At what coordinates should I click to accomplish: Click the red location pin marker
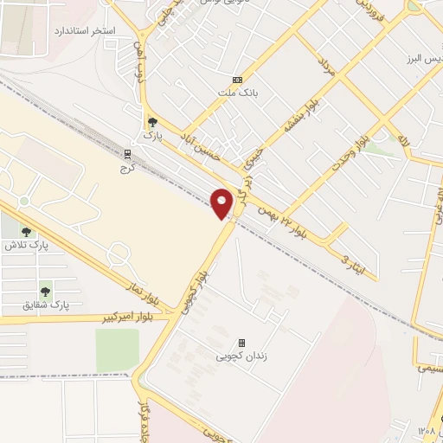point(221,204)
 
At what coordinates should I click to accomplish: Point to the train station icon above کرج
point(129,153)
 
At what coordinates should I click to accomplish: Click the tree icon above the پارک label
point(153,123)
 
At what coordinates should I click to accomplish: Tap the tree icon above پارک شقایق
point(44,292)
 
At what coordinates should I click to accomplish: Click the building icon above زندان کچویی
point(241,343)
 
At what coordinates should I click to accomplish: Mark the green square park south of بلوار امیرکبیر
point(117,349)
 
